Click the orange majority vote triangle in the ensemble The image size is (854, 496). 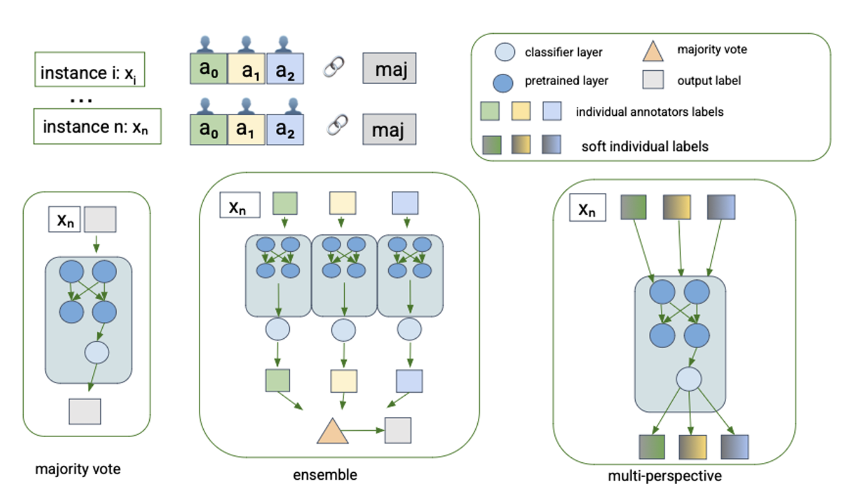332,432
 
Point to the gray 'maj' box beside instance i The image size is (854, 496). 389,68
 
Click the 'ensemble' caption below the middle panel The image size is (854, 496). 325,475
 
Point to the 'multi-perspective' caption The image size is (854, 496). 665,476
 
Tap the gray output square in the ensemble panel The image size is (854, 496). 398,431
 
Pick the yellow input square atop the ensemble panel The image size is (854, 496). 342,203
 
